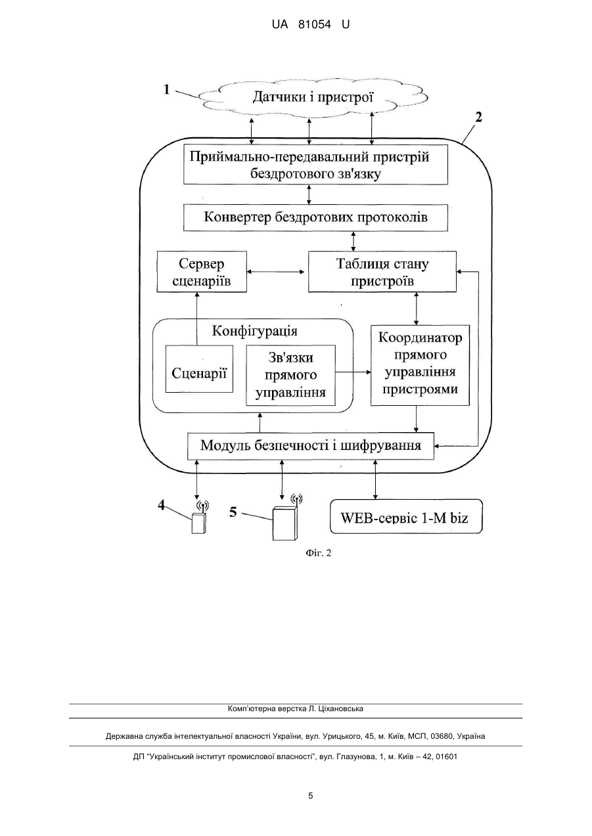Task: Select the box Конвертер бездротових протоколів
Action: click(x=315, y=217)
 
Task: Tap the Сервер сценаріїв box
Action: click(x=202, y=271)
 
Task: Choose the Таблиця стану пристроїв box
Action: click(x=382, y=271)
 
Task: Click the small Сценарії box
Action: click(x=199, y=368)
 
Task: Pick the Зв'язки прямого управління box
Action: click(x=290, y=375)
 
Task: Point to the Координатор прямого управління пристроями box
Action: click(x=421, y=365)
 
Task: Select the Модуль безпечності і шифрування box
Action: click(x=311, y=446)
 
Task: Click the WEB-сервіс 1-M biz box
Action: click(x=406, y=517)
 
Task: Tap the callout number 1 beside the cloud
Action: click(x=167, y=89)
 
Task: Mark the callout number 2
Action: click(x=478, y=117)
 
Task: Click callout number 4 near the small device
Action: click(x=162, y=506)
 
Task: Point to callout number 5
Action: click(x=233, y=512)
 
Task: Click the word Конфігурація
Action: click(x=255, y=331)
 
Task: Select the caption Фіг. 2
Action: click(x=318, y=553)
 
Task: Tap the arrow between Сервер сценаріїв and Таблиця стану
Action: click(x=276, y=272)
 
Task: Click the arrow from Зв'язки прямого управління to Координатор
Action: click(x=353, y=372)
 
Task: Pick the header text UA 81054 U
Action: click(x=311, y=25)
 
